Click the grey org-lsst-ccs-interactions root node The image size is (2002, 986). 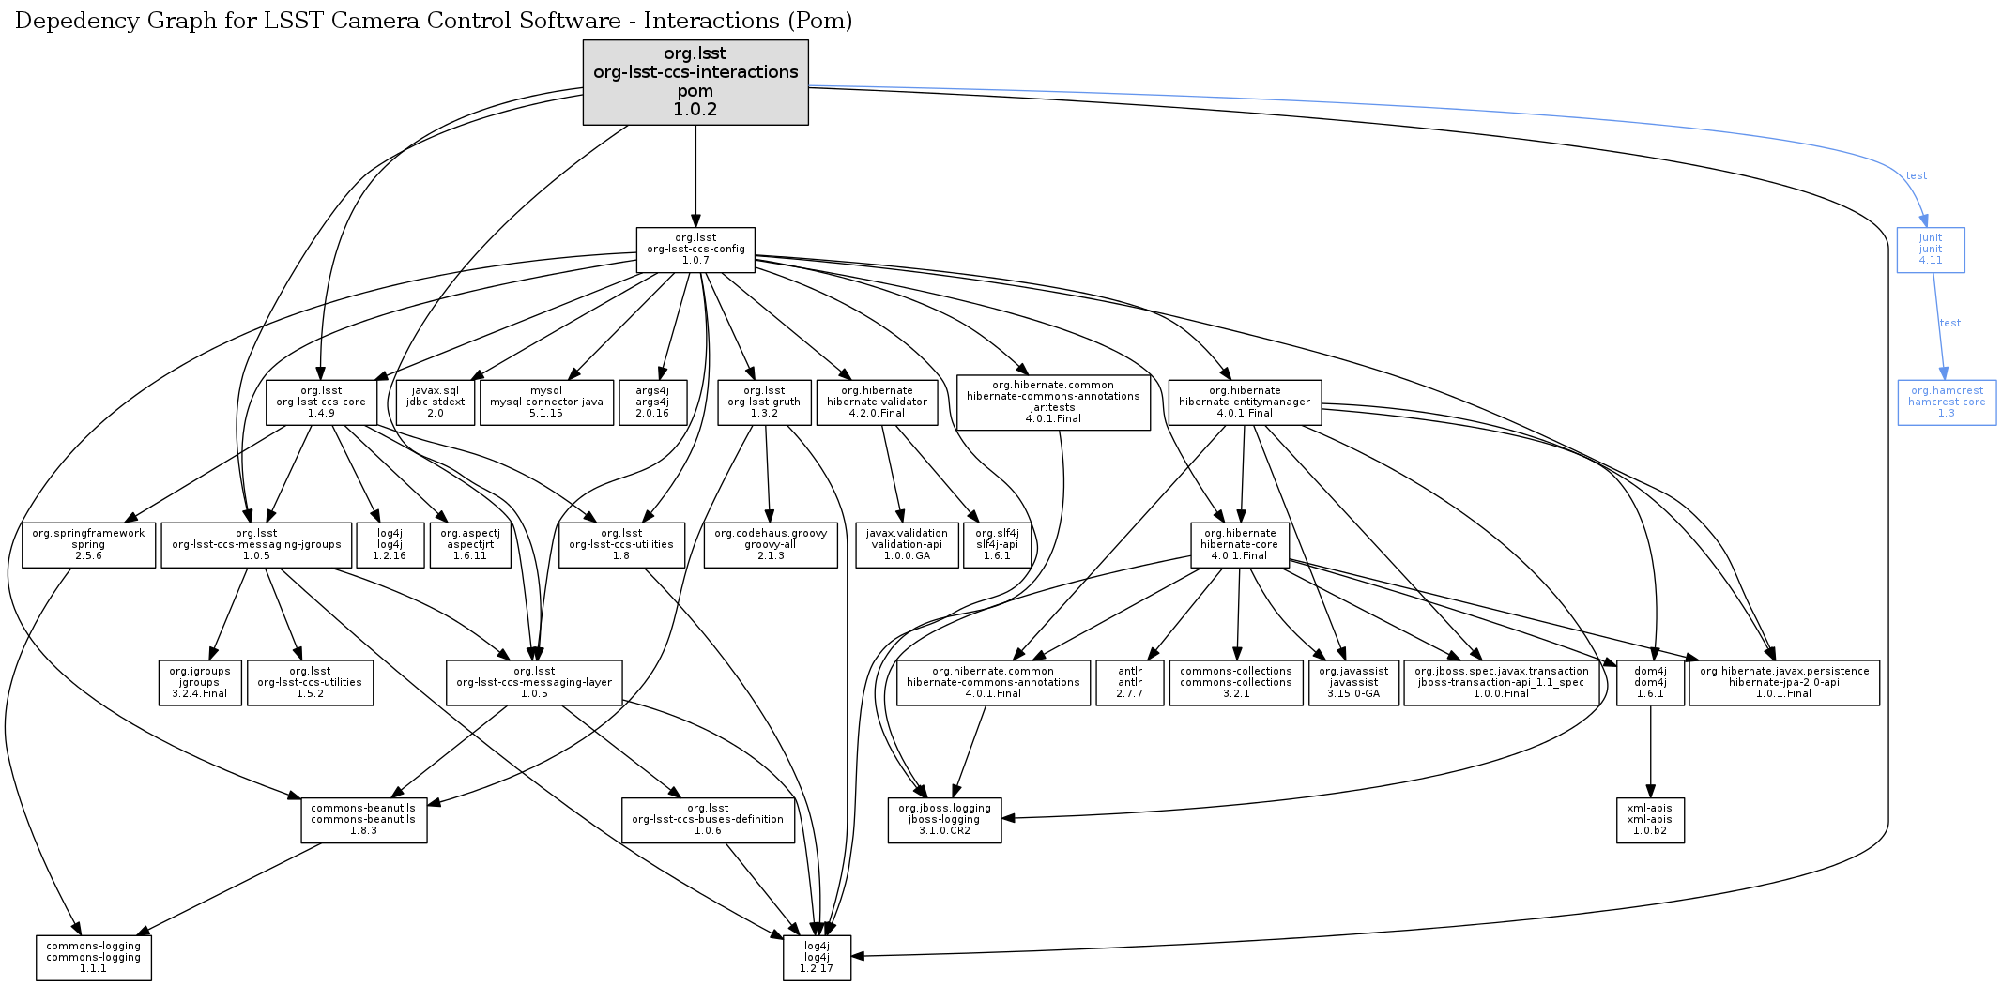(695, 82)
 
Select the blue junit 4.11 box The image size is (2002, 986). (1930, 250)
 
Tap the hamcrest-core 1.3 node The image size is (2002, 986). (1946, 402)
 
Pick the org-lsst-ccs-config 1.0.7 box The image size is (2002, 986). (695, 250)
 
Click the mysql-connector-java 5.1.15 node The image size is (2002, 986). (546, 402)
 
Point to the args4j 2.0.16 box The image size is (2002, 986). (652, 402)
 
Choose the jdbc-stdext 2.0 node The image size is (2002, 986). (436, 402)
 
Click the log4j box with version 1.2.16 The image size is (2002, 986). (390, 544)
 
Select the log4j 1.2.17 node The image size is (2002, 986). (817, 957)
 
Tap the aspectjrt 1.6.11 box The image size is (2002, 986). (470, 544)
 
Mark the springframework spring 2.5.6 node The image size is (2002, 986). (88, 544)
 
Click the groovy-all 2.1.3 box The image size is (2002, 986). (771, 544)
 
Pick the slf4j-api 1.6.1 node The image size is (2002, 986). (997, 544)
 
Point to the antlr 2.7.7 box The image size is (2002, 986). (1130, 682)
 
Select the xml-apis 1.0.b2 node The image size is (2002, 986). (1649, 819)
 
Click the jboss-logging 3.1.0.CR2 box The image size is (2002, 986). (944, 819)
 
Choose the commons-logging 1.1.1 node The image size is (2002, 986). (93, 957)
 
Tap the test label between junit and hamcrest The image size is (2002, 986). (1950, 323)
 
